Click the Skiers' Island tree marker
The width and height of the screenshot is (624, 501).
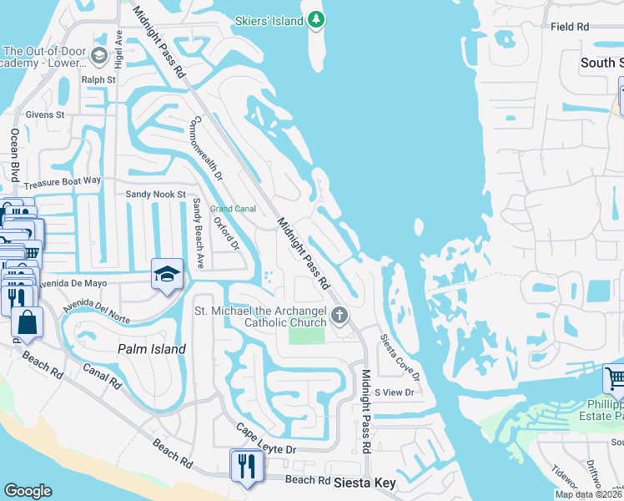pos(315,19)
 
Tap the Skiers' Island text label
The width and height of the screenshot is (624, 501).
pos(269,21)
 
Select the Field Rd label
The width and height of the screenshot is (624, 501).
pos(571,27)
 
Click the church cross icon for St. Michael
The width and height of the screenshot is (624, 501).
pos(339,316)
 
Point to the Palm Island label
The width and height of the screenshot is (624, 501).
pos(151,349)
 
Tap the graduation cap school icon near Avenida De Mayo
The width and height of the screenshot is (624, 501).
pos(167,273)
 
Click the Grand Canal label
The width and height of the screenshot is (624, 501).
pos(233,208)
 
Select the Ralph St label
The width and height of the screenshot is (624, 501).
pos(98,80)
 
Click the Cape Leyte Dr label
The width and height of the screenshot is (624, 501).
pos(265,438)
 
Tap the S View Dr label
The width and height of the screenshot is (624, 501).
pos(394,392)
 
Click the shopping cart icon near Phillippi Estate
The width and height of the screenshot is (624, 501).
pos(614,378)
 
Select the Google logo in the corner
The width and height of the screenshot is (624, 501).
pos(28,491)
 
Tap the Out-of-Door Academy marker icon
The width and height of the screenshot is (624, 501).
pos(99,56)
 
